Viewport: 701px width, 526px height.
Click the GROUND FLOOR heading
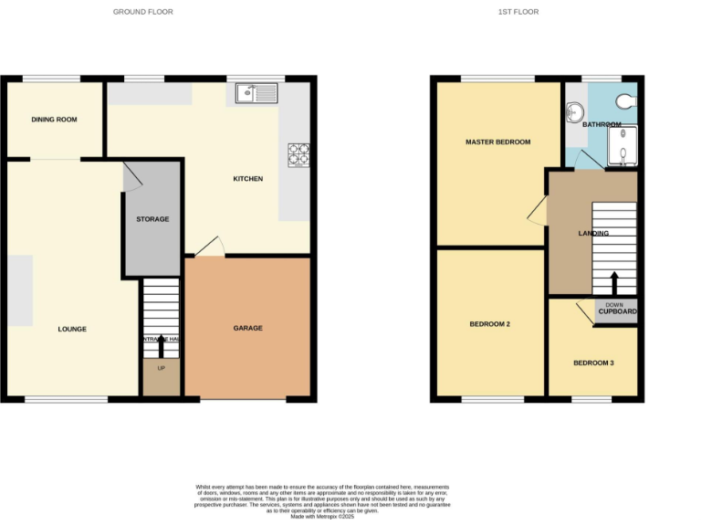(142, 12)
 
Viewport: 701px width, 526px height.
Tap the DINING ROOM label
(54, 120)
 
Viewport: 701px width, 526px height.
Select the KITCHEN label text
(247, 179)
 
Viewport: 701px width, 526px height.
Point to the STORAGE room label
(153, 219)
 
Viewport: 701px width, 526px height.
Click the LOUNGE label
(72, 329)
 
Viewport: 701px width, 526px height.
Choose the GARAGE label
(247, 328)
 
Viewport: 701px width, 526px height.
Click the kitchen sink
(256, 92)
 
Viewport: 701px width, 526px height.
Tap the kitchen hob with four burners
(298, 155)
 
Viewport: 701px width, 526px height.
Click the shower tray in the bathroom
(624, 146)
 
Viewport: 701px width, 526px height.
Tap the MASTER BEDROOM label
(497, 142)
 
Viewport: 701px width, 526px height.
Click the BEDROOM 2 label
(489, 324)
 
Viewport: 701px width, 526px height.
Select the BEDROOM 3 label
(593, 363)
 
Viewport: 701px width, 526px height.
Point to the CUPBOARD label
(617, 312)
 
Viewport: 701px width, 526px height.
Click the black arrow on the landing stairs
(613, 280)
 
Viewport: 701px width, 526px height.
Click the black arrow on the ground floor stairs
(162, 346)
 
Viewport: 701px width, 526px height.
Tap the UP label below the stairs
(162, 369)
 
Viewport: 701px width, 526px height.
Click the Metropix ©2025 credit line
(322, 517)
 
